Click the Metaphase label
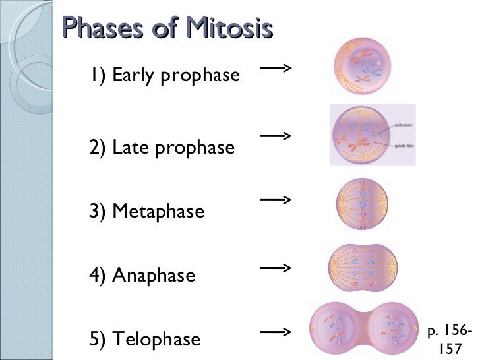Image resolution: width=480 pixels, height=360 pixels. click(158, 212)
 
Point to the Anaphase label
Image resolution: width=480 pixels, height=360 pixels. click(153, 275)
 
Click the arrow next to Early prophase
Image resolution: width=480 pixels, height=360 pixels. click(276, 68)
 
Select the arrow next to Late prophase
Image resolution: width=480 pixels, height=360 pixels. click(276, 136)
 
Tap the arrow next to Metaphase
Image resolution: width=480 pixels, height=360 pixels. click(276, 198)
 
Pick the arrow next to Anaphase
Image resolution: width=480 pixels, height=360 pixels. click(276, 268)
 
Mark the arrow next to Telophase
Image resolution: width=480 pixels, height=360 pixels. click(276, 333)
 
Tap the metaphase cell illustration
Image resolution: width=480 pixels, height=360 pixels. click(362, 203)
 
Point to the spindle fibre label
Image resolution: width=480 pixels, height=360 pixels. click(403, 144)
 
